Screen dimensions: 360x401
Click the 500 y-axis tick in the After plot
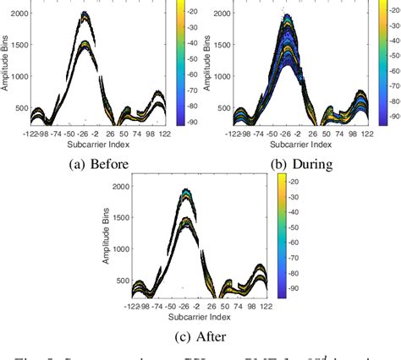(124, 281)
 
